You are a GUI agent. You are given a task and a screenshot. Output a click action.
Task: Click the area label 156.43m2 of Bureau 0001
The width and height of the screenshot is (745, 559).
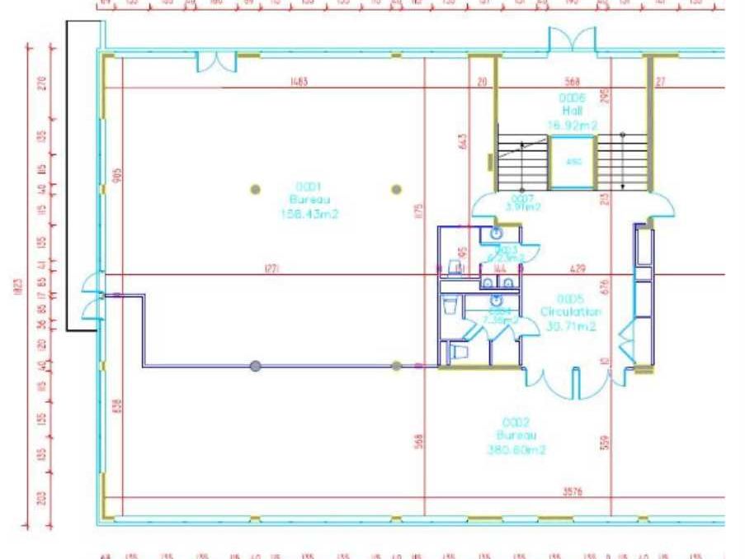310,214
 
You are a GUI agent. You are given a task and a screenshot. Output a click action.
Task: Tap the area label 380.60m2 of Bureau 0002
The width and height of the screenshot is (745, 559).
516,450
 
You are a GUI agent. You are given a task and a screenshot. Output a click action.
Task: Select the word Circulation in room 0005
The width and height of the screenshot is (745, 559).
571,312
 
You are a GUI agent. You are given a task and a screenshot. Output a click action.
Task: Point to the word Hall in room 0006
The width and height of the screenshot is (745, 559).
573,110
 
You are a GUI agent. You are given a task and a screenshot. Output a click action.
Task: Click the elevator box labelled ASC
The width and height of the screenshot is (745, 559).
573,162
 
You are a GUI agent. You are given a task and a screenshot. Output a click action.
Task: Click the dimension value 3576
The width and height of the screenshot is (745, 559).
573,491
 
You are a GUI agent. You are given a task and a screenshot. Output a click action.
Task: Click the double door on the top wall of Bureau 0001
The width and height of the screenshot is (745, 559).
216,61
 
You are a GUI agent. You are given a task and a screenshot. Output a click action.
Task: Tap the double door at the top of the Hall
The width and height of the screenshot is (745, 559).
572,40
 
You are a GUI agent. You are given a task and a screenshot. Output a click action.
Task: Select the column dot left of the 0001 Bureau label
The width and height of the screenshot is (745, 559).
256,189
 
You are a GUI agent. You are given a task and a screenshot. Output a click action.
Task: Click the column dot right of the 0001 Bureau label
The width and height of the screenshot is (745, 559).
396,189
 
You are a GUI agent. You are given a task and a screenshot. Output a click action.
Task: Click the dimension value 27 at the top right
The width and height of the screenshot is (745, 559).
660,82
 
